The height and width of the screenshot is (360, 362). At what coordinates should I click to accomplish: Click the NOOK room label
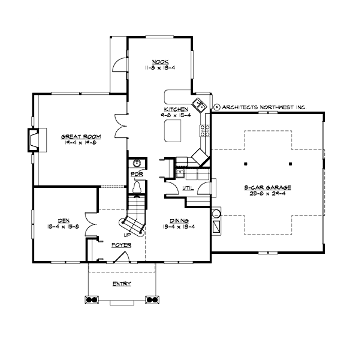(x=159, y=62)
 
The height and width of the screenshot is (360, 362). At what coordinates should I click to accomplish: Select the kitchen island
(x=173, y=128)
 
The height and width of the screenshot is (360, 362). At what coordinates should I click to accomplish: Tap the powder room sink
(x=137, y=163)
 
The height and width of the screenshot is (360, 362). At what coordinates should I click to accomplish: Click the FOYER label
(x=120, y=246)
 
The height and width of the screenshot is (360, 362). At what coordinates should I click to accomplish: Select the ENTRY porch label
(x=122, y=283)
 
